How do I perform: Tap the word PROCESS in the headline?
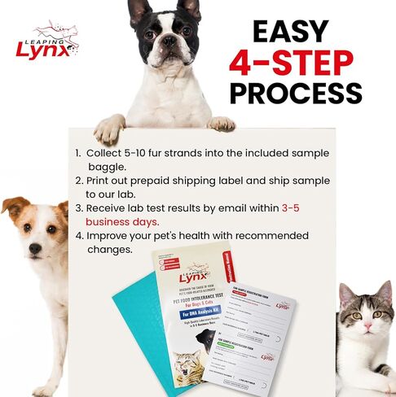click(295, 92)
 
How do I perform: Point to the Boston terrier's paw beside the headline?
click(221, 124)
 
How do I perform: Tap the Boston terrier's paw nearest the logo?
click(109, 129)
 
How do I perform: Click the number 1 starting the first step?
click(78, 153)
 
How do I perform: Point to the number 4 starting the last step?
click(79, 236)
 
